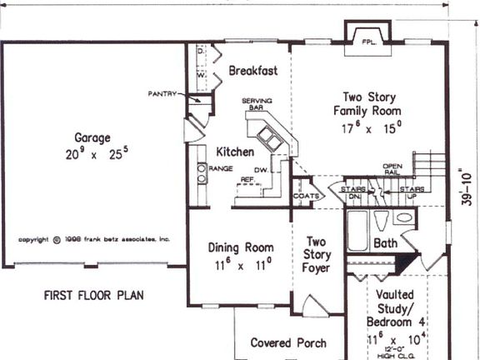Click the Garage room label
(92, 138)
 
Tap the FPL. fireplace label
(368, 40)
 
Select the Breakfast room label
(252, 71)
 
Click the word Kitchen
(235, 152)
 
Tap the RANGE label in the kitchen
(221, 168)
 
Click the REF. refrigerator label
(247, 179)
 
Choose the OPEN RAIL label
(392, 170)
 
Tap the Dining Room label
(240, 247)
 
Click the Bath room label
(386, 244)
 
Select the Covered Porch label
(288, 342)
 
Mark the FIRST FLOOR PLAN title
(94, 295)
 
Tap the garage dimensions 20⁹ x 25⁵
(92, 154)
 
